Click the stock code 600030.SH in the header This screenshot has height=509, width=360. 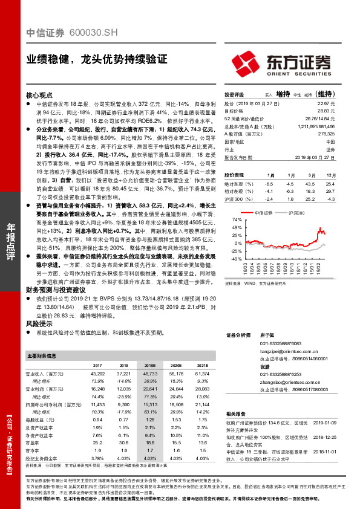(x=90, y=34)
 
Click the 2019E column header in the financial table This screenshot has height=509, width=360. (x=149, y=366)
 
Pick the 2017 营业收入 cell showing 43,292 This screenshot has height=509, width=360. (x=97, y=375)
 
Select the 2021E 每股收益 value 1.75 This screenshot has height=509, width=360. (x=203, y=419)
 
